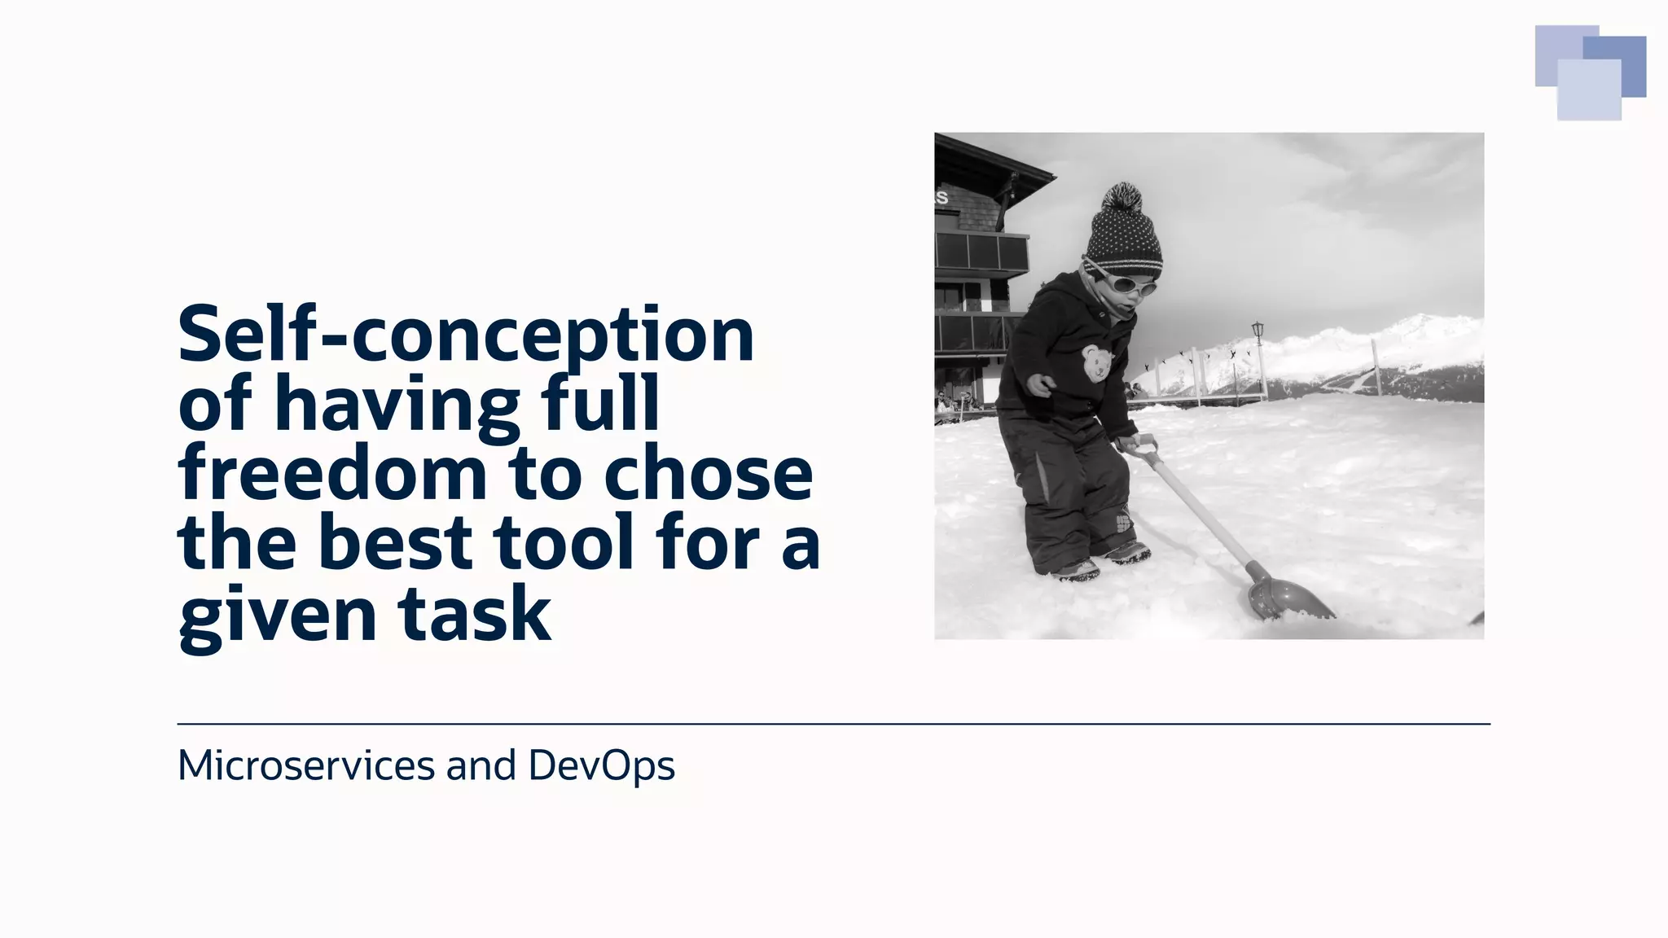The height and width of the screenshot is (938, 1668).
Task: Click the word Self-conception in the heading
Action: pos(466,335)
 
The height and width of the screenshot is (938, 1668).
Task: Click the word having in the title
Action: pos(397,405)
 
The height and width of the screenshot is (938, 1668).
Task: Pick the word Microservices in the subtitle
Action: pos(306,765)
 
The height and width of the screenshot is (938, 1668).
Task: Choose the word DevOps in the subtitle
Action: pos(601,765)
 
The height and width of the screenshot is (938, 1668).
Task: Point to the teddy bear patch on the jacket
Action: pos(1096,362)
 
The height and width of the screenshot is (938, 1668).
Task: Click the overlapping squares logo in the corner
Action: pos(1590,72)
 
